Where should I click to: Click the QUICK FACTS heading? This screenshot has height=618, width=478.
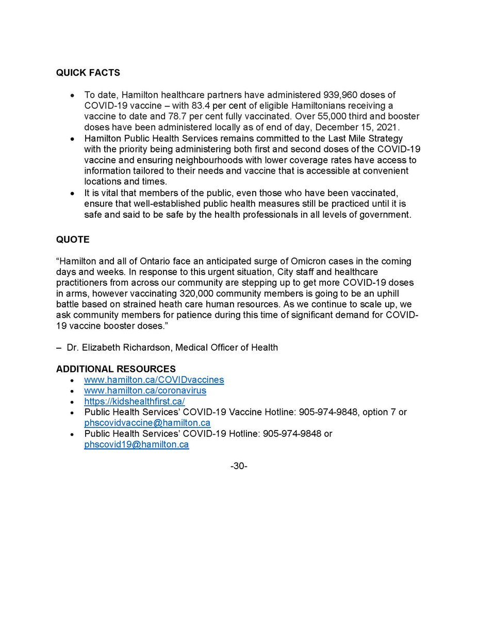(88, 73)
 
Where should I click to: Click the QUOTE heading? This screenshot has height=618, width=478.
(73, 240)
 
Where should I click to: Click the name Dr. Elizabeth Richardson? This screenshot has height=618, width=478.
(119, 348)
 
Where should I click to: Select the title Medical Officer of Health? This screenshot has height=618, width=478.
(226, 348)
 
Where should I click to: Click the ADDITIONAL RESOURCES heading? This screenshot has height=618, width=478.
(116, 369)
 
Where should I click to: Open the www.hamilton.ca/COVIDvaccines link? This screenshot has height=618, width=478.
(154, 380)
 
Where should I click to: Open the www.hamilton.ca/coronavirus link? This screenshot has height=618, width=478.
(145, 391)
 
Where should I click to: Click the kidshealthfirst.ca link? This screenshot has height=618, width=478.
(135, 402)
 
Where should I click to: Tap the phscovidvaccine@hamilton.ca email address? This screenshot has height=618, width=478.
(147, 423)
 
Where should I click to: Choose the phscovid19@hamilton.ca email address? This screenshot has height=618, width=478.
(137, 445)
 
